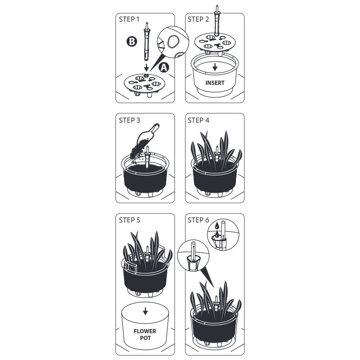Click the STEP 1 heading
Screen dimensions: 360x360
129,19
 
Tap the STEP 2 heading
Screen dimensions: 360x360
198,19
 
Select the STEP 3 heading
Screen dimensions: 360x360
129,120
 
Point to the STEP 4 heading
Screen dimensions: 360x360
198,120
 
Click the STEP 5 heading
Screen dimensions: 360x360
129,220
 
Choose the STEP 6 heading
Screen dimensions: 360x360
198,220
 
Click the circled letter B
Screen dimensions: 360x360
132,42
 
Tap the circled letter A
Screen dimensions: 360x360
164,67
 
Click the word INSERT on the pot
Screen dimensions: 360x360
215,83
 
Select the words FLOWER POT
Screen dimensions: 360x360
145,335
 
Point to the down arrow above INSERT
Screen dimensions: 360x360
215,67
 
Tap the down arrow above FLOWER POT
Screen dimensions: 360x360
145,311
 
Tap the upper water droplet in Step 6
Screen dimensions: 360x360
217,226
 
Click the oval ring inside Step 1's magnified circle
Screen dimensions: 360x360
174,41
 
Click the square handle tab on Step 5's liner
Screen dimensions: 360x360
131,268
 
